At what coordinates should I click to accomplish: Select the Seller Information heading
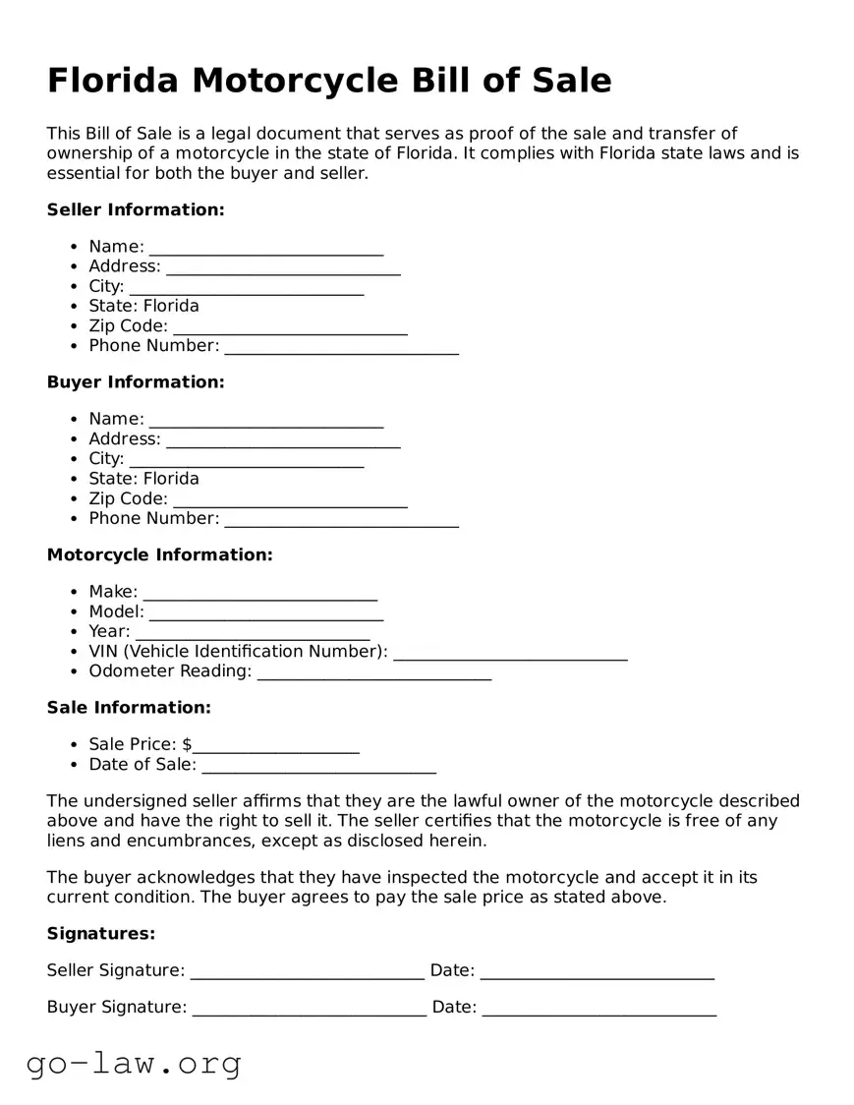(x=136, y=209)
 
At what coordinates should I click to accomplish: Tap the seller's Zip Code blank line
(x=290, y=328)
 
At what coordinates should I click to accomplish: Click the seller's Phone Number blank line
(x=341, y=348)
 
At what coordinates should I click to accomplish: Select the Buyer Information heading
(x=136, y=381)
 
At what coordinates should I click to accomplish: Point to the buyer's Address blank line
(x=283, y=441)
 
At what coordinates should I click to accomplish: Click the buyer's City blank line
(x=246, y=461)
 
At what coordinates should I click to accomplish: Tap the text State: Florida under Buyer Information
(x=143, y=479)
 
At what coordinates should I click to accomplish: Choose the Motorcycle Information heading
(x=159, y=554)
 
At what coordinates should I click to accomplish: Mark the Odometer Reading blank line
(x=373, y=673)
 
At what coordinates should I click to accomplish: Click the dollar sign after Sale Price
(x=187, y=744)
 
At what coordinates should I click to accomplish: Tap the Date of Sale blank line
(x=318, y=767)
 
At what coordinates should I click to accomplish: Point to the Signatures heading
(x=101, y=933)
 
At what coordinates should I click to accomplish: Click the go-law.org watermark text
(x=134, y=1063)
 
